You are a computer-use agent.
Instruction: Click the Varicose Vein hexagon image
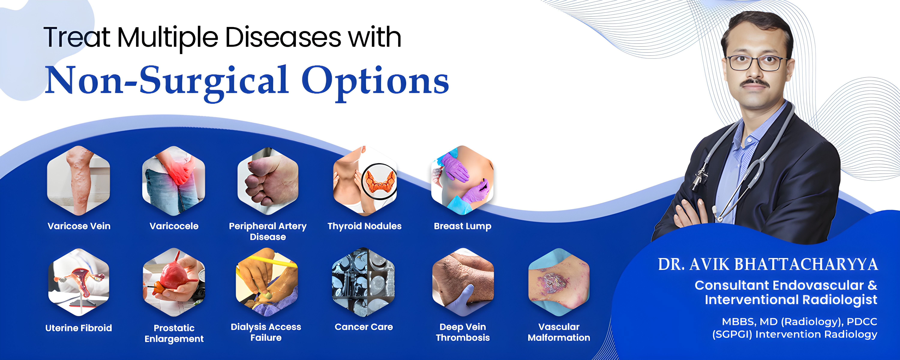tap(79, 181)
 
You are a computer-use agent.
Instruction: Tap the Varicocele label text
tap(174, 226)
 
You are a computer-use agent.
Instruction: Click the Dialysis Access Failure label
tap(266, 332)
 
